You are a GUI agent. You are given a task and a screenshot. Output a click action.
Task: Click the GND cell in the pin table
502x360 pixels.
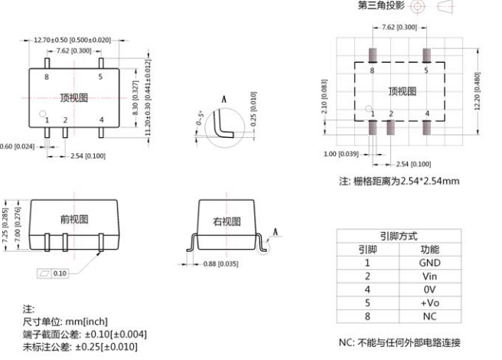(430, 263)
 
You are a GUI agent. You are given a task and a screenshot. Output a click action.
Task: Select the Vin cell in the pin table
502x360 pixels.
(430, 276)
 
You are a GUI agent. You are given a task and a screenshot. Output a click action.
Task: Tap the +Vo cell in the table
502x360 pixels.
(430, 303)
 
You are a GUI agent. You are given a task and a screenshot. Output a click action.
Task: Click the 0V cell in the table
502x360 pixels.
(430, 290)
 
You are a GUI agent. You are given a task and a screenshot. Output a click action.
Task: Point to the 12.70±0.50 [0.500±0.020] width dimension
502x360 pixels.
(72, 39)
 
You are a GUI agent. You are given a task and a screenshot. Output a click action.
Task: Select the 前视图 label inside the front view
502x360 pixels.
(74, 218)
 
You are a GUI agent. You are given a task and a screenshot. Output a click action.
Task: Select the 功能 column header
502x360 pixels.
(430, 249)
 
